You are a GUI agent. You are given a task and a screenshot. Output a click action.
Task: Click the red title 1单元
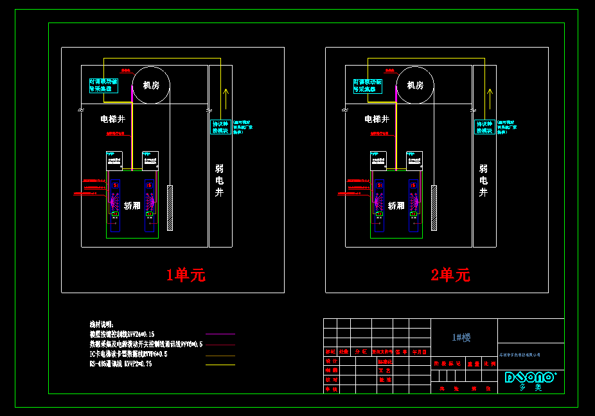186,275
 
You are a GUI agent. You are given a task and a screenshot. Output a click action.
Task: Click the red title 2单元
450,275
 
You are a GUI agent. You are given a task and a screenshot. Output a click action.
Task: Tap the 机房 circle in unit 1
151,85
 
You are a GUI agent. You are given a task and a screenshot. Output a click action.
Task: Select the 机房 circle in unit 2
415,85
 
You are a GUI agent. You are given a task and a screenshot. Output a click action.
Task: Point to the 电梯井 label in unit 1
112,119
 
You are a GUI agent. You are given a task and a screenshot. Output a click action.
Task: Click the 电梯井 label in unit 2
377,119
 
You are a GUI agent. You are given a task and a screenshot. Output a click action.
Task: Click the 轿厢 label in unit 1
132,206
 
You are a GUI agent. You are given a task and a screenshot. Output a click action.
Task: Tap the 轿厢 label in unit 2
396,206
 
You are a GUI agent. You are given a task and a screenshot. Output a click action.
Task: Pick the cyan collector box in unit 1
103,86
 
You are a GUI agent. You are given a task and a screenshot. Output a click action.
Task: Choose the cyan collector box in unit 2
368,86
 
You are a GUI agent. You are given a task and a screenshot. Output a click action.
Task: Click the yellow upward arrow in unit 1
225,100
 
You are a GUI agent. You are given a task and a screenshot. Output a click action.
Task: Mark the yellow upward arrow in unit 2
489,100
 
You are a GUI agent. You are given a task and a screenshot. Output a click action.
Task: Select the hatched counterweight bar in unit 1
170,208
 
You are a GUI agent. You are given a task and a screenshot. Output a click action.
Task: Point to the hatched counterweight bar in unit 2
434,208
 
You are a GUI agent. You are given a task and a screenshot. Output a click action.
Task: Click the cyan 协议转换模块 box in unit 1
221,127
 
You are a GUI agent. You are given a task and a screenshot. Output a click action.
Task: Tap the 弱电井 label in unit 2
483,181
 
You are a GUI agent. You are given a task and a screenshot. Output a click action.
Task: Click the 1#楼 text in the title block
461,338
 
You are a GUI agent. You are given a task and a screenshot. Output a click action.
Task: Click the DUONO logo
529,377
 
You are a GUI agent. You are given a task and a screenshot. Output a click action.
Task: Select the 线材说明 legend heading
102,325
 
